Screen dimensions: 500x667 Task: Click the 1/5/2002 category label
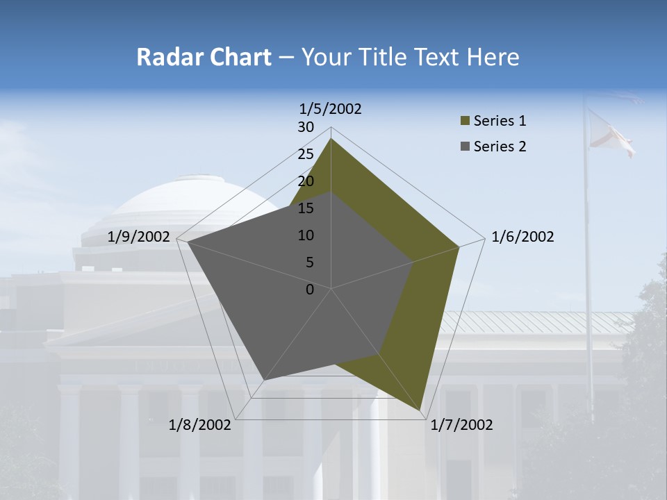pos(331,109)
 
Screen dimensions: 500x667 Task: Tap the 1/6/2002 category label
pos(522,237)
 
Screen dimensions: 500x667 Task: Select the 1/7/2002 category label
pos(461,425)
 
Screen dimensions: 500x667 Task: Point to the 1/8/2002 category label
pos(200,425)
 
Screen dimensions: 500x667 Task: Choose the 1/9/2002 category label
pos(139,237)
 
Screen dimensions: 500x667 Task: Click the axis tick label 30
pos(306,127)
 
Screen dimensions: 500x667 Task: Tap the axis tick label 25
pos(306,154)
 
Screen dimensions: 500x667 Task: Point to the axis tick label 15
pos(306,208)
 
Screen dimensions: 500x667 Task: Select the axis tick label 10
pos(306,235)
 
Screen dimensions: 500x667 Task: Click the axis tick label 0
pos(310,290)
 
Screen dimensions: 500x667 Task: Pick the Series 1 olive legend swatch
pos(465,122)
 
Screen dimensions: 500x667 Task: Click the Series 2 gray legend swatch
pos(465,147)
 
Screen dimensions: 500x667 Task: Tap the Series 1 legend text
pos(500,121)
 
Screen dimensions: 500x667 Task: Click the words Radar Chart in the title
pos(203,58)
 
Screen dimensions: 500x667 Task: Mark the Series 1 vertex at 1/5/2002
pos(331,139)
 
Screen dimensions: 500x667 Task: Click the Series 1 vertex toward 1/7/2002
pos(421,412)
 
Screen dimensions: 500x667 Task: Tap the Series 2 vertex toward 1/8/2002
pos(263,380)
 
